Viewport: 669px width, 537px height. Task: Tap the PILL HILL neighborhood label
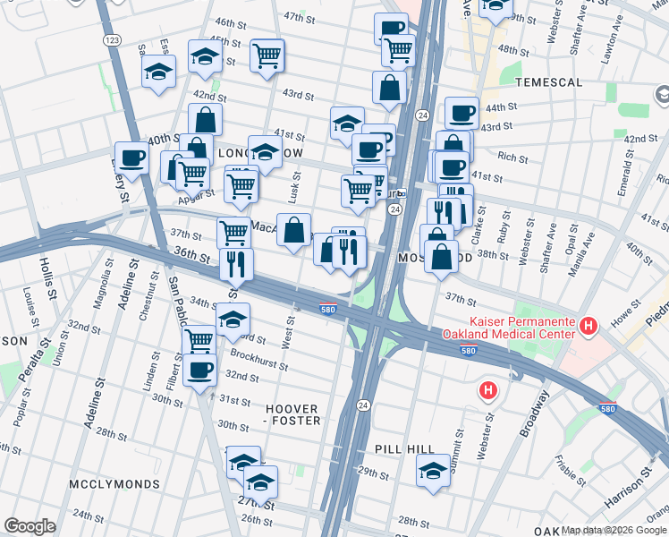[405, 449]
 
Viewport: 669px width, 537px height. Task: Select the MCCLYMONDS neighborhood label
[114, 484]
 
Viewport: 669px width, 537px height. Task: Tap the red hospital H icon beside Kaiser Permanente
[589, 328]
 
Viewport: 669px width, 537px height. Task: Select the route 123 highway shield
[112, 41]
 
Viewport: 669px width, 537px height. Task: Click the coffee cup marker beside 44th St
[462, 113]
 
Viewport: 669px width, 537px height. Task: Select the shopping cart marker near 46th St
[267, 55]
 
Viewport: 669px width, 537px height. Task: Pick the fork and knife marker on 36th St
[236, 263]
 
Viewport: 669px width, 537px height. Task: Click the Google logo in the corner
[30, 525]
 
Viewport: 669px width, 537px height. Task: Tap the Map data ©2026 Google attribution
[614, 530]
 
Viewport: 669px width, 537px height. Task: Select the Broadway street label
[537, 413]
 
